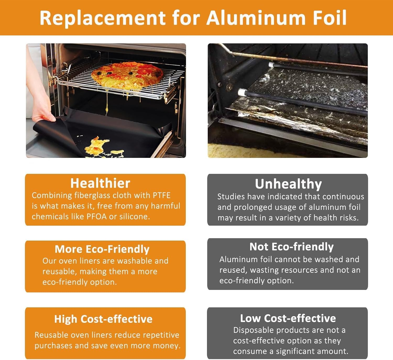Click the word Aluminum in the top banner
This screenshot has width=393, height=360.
pos(256,18)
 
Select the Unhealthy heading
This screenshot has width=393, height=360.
pos(288,184)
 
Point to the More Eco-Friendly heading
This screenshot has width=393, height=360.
pos(102,249)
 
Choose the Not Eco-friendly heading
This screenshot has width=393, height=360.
pos(292,247)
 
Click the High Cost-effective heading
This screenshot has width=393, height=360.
pos(103,319)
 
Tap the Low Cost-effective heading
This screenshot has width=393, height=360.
pos(288,318)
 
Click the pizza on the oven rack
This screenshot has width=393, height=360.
pos(127,75)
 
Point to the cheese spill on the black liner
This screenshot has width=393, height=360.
pos(97,146)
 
